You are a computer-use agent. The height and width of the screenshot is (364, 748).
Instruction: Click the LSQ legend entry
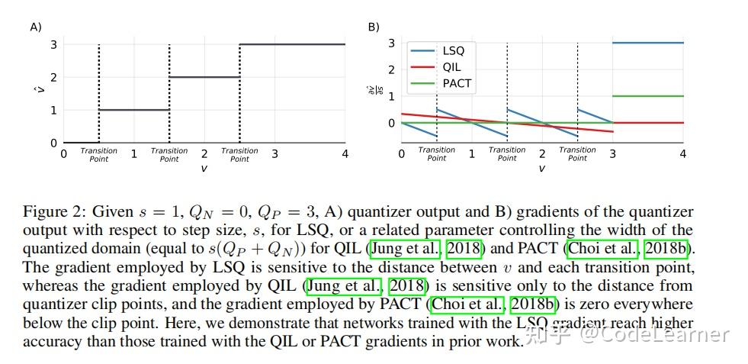[x=453, y=51]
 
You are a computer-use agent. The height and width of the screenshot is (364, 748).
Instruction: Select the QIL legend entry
[x=451, y=67]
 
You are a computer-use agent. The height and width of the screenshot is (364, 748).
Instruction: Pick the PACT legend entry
[x=457, y=83]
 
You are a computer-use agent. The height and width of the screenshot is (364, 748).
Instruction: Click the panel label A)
[x=35, y=27]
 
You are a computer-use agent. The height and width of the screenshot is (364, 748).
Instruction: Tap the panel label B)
[x=374, y=27]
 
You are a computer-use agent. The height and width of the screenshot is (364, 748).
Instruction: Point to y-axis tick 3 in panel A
[x=53, y=44]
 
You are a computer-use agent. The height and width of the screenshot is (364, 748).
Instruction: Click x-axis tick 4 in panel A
[x=345, y=154]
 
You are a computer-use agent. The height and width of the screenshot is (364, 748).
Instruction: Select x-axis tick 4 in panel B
[x=682, y=154]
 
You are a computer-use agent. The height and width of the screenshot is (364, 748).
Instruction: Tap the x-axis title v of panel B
[x=541, y=169]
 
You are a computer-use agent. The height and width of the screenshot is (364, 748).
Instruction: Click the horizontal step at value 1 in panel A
[x=134, y=110]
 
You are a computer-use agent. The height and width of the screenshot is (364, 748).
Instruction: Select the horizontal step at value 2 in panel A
[x=204, y=77]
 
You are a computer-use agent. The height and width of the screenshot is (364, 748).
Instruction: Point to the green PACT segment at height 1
[x=647, y=96]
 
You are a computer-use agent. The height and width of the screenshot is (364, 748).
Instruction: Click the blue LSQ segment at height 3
[x=647, y=43]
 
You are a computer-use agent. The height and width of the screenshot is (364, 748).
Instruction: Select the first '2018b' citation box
[x=666, y=249]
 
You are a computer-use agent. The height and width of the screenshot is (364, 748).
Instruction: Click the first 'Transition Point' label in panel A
[x=99, y=155]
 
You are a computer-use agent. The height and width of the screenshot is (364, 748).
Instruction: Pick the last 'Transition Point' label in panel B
[x=577, y=154]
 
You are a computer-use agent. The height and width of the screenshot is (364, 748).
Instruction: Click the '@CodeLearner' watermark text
[x=653, y=334]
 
